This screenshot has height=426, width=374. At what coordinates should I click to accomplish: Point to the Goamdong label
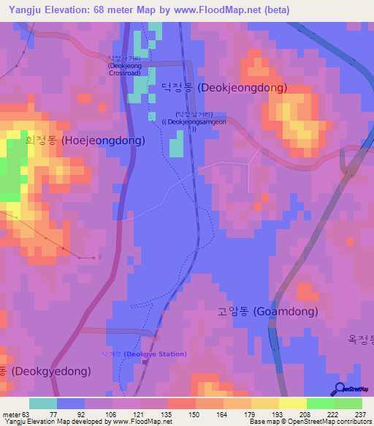267,312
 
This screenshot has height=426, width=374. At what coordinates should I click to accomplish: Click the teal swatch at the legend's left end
43,403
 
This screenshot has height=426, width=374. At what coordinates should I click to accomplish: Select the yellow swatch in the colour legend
291,403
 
